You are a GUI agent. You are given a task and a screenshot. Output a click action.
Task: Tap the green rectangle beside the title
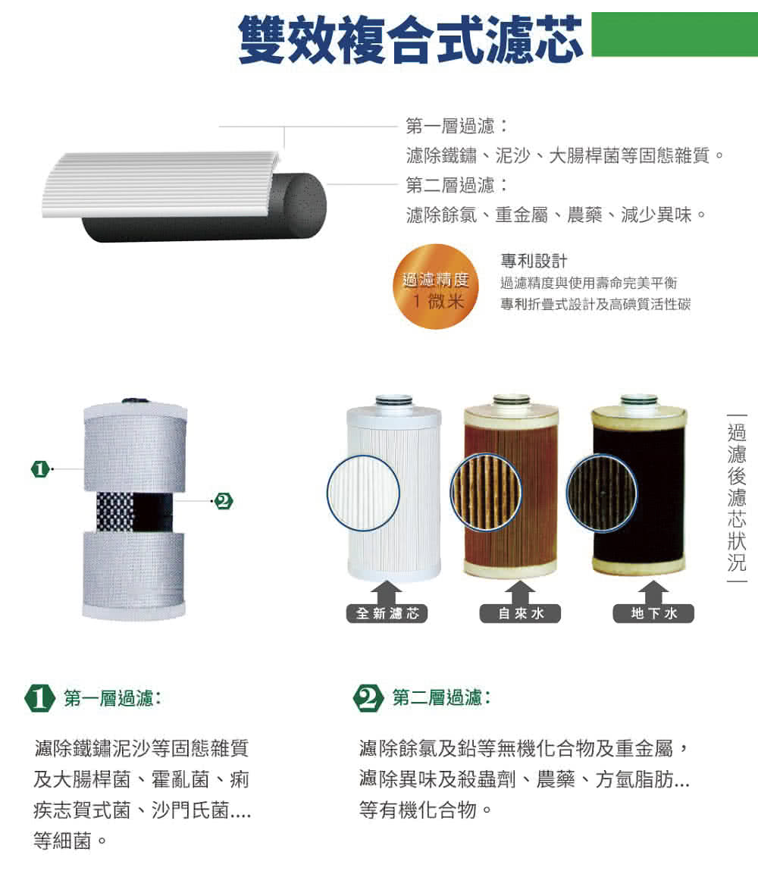[674, 34]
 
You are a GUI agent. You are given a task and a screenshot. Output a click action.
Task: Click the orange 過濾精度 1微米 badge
[435, 287]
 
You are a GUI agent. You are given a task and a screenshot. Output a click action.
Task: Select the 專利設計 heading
[534, 262]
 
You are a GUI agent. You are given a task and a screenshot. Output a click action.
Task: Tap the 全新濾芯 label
[387, 613]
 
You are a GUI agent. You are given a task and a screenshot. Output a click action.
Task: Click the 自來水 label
[520, 613]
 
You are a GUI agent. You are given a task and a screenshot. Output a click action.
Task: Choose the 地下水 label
[653, 613]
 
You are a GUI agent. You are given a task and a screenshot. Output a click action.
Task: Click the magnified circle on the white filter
[363, 492]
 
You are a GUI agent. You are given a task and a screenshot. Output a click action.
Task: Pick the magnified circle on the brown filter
[486, 492]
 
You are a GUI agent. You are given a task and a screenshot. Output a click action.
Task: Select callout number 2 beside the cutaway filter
[223, 500]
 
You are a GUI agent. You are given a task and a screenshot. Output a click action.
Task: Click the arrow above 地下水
[653, 590]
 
